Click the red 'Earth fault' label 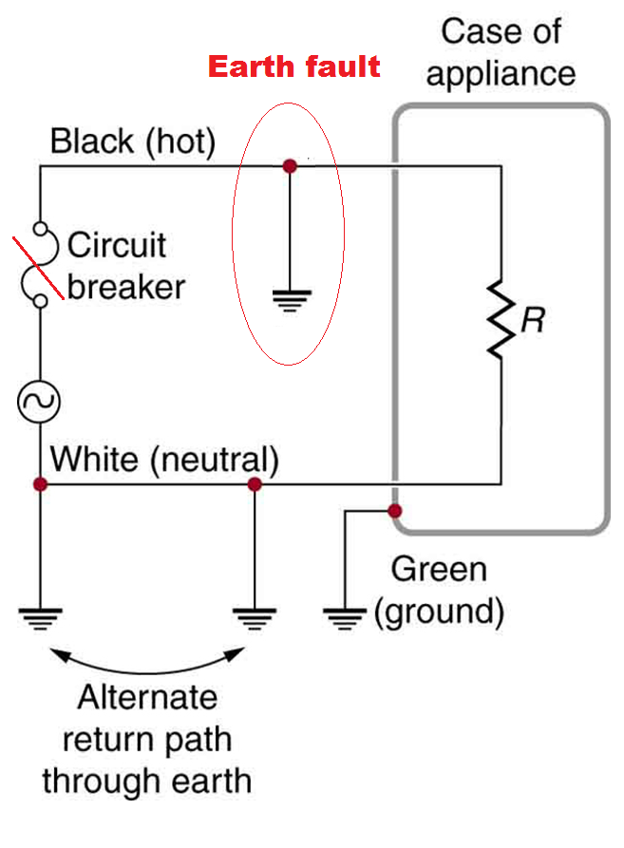tap(294, 67)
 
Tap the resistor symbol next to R tap(500, 318)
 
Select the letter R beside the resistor tap(533, 320)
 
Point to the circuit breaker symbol tap(39, 265)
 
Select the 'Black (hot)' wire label tap(133, 142)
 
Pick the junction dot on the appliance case tap(396, 512)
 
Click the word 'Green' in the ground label tap(439, 570)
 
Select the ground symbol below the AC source tap(39, 617)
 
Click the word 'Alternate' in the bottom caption tap(147, 698)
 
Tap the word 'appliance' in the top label tap(501, 74)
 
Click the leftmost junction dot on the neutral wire tap(39, 484)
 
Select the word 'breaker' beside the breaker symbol tap(126, 286)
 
